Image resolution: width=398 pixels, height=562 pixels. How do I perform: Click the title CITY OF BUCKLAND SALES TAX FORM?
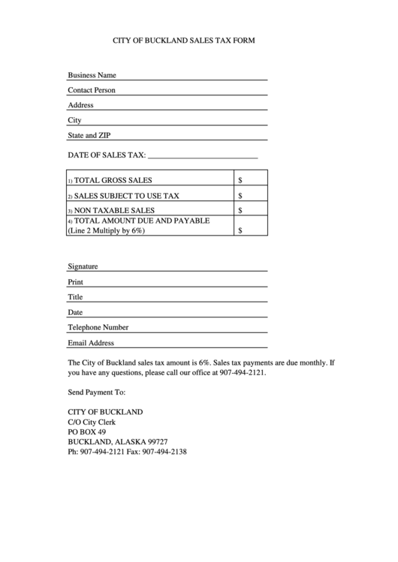[x=184, y=41]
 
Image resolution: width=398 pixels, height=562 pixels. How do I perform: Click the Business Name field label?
[x=92, y=75]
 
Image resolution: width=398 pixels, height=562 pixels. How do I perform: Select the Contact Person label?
[x=92, y=90]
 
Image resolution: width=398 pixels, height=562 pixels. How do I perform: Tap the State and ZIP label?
[x=89, y=136]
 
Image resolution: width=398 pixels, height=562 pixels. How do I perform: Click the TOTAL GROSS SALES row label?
[x=112, y=180]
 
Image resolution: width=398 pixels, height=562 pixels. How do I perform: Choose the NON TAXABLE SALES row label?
[x=113, y=211]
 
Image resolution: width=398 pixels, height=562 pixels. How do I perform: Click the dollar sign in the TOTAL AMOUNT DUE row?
[x=240, y=231]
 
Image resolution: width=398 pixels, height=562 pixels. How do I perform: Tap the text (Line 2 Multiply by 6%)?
[x=106, y=231]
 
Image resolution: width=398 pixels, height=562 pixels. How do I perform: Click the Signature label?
[x=83, y=266]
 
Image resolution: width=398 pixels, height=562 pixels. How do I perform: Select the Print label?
[x=75, y=282]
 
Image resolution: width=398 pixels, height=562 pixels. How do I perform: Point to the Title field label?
[x=75, y=297]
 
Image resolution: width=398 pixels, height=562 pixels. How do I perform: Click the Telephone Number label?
[x=98, y=327]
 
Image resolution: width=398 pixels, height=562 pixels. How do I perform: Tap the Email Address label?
[x=91, y=343]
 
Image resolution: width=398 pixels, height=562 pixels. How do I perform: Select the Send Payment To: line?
[x=96, y=392]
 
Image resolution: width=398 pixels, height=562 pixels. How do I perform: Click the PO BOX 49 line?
[x=86, y=432]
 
